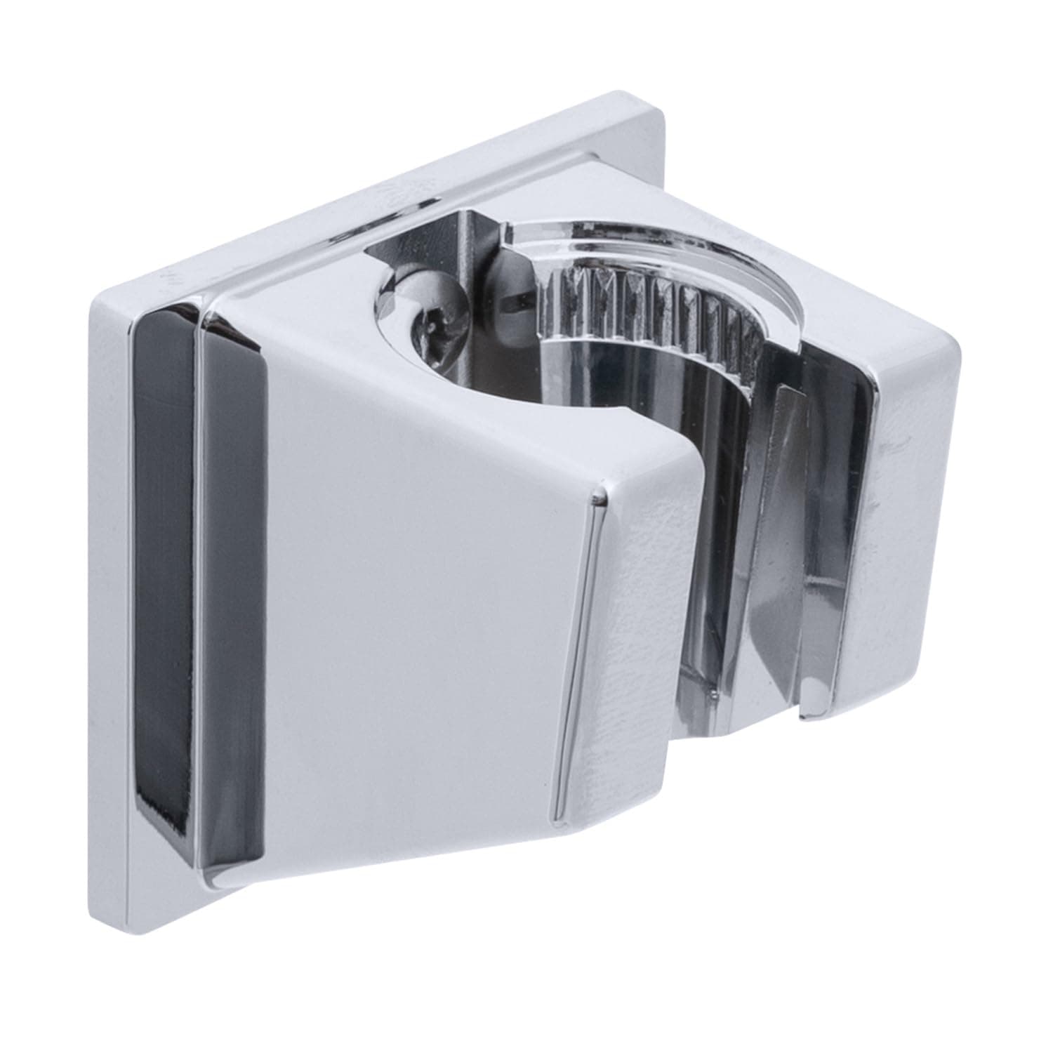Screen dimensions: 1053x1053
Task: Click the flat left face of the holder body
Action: [421, 597]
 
